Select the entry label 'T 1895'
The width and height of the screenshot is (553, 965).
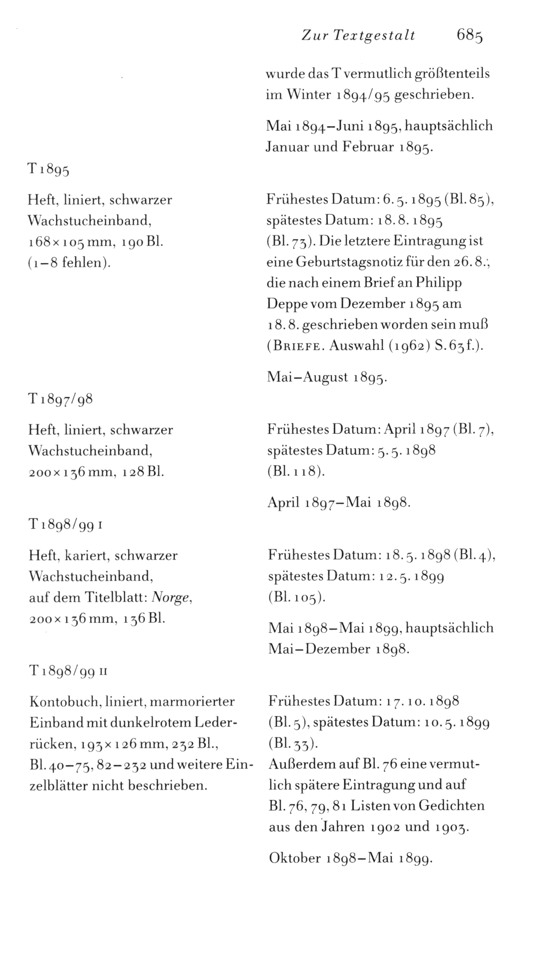[x=48, y=170]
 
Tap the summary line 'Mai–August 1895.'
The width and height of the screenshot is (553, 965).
[x=327, y=377]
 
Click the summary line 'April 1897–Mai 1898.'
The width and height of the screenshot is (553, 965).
[x=339, y=502]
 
